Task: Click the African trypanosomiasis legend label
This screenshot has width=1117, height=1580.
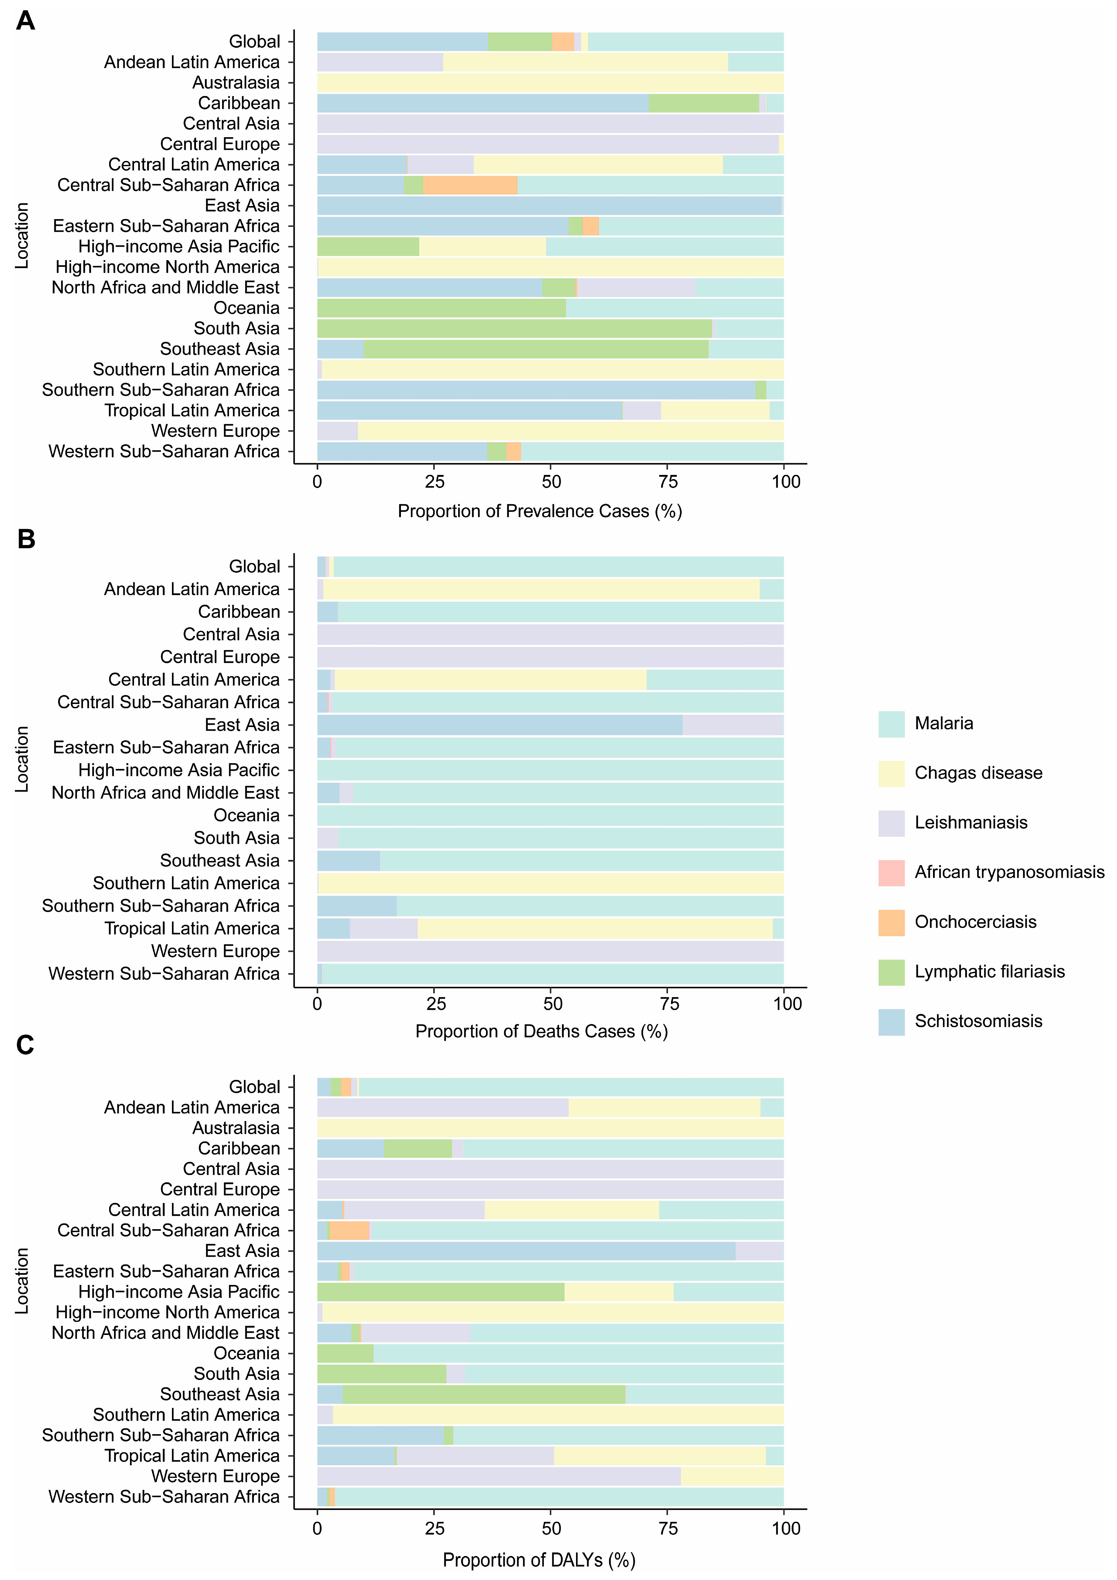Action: [x=1009, y=873]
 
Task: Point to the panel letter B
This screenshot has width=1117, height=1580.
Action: [x=26, y=539]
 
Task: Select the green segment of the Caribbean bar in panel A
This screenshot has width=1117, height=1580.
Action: [x=704, y=103]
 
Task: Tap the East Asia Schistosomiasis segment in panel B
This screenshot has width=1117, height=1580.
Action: [x=499, y=725]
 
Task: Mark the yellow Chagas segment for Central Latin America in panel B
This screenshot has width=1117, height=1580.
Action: [x=490, y=680]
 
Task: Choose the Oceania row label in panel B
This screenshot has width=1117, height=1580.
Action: [x=246, y=816]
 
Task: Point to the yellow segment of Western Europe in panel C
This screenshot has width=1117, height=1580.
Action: [x=732, y=1477]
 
